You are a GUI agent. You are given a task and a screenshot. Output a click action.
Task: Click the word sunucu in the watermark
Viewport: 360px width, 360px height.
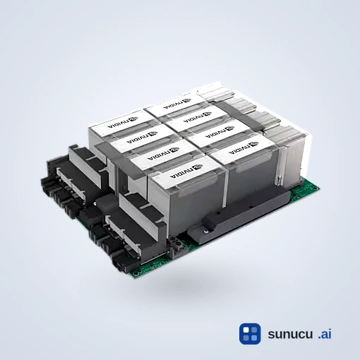290,334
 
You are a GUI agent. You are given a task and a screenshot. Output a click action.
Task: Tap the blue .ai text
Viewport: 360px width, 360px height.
325,334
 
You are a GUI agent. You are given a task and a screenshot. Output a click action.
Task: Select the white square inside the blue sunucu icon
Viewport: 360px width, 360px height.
246,330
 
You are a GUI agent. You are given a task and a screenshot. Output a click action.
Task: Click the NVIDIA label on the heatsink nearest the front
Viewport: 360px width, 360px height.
186,171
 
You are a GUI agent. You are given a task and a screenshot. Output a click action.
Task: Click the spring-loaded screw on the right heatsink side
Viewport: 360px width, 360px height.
279,180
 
